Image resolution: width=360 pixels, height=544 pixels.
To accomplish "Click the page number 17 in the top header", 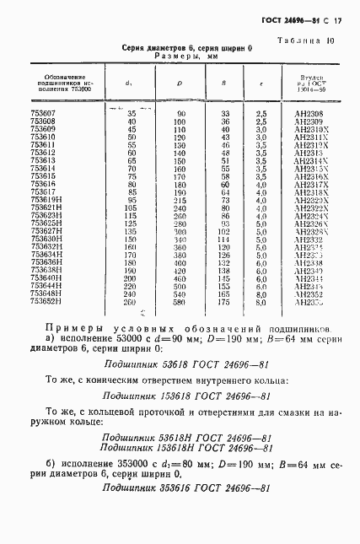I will (x=337, y=19).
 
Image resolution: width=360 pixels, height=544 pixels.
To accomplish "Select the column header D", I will (x=180, y=83).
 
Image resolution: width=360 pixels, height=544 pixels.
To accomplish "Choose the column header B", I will (x=223, y=83).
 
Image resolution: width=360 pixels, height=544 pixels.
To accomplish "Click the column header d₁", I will (x=129, y=83).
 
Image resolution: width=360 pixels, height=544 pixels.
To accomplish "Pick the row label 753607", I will (x=43, y=113).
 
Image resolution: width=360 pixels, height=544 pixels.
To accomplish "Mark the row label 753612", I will (x=43, y=152).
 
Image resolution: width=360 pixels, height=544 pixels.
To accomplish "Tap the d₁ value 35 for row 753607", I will (x=132, y=113).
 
